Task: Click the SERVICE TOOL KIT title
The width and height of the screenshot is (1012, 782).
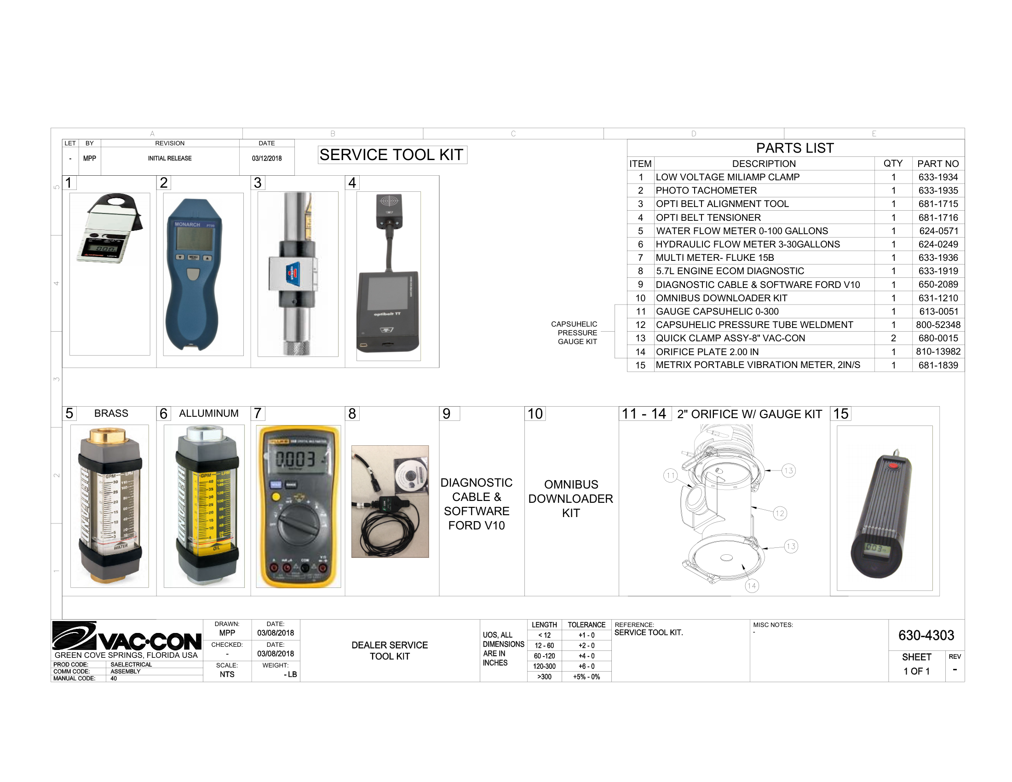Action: pyautogui.click(x=391, y=155)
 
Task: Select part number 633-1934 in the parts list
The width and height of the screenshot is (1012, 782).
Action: pyautogui.click(x=938, y=177)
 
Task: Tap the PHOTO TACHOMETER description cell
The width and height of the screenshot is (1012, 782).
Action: pyautogui.click(x=706, y=190)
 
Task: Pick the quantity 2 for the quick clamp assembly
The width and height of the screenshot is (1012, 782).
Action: pyautogui.click(x=893, y=338)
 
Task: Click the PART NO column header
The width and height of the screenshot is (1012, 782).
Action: pyautogui.click(x=938, y=164)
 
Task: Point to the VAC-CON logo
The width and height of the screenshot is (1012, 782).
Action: pyautogui.click(x=126, y=637)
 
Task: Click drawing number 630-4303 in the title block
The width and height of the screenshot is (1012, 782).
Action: pyautogui.click(x=926, y=635)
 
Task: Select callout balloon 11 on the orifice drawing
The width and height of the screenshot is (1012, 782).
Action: pyautogui.click(x=671, y=475)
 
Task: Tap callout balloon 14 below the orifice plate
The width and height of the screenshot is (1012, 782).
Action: pyautogui.click(x=751, y=586)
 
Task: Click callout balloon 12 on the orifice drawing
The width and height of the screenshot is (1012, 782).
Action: pyautogui.click(x=780, y=513)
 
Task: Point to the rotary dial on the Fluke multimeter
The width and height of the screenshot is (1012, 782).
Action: pyautogui.click(x=297, y=523)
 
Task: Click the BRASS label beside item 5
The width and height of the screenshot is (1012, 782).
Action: pyautogui.click(x=111, y=413)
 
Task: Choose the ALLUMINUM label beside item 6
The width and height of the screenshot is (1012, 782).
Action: pyautogui.click(x=208, y=413)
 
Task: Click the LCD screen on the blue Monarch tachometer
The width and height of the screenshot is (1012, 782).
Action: pyautogui.click(x=195, y=244)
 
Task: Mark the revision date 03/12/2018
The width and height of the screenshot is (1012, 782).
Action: pyautogui.click(x=266, y=158)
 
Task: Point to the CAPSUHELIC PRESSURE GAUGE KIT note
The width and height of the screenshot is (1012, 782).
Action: pyautogui.click(x=575, y=333)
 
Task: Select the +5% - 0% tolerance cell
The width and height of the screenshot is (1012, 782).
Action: pyautogui.click(x=586, y=677)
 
